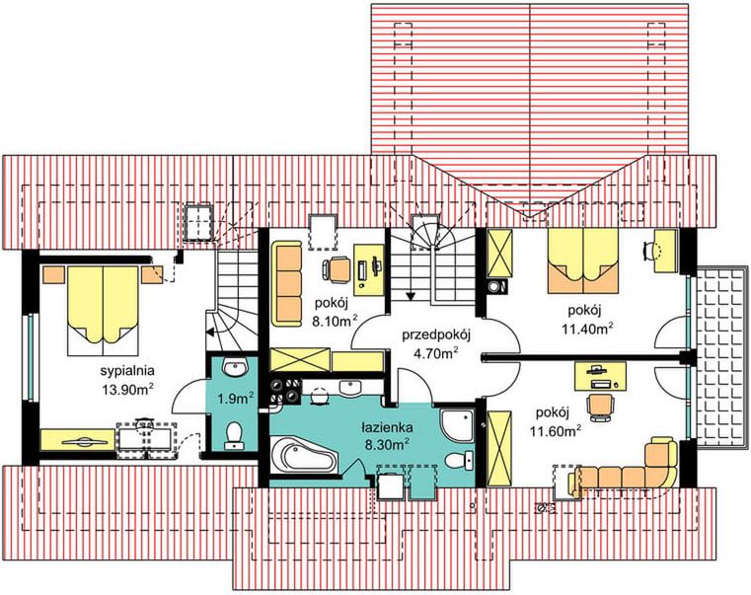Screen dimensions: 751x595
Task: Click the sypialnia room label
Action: click(x=127, y=370)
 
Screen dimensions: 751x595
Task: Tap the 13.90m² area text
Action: click(x=127, y=388)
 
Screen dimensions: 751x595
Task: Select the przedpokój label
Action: click(x=436, y=335)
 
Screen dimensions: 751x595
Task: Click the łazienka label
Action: click(x=387, y=427)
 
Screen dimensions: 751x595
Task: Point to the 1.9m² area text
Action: click(x=235, y=398)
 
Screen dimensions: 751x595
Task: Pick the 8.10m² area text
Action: click(x=335, y=320)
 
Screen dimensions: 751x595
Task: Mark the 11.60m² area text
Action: click(x=556, y=430)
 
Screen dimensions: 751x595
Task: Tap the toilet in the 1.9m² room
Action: click(x=234, y=434)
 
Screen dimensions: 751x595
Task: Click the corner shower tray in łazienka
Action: click(x=458, y=424)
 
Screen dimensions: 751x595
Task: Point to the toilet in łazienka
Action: click(x=459, y=461)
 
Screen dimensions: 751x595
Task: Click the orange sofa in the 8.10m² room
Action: click(x=286, y=283)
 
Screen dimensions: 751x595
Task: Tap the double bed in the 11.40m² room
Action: click(x=582, y=260)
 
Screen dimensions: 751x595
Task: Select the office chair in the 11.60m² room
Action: click(x=601, y=407)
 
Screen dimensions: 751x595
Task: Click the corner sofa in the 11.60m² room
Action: click(x=628, y=467)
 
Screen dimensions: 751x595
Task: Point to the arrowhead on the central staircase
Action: click(x=410, y=296)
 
